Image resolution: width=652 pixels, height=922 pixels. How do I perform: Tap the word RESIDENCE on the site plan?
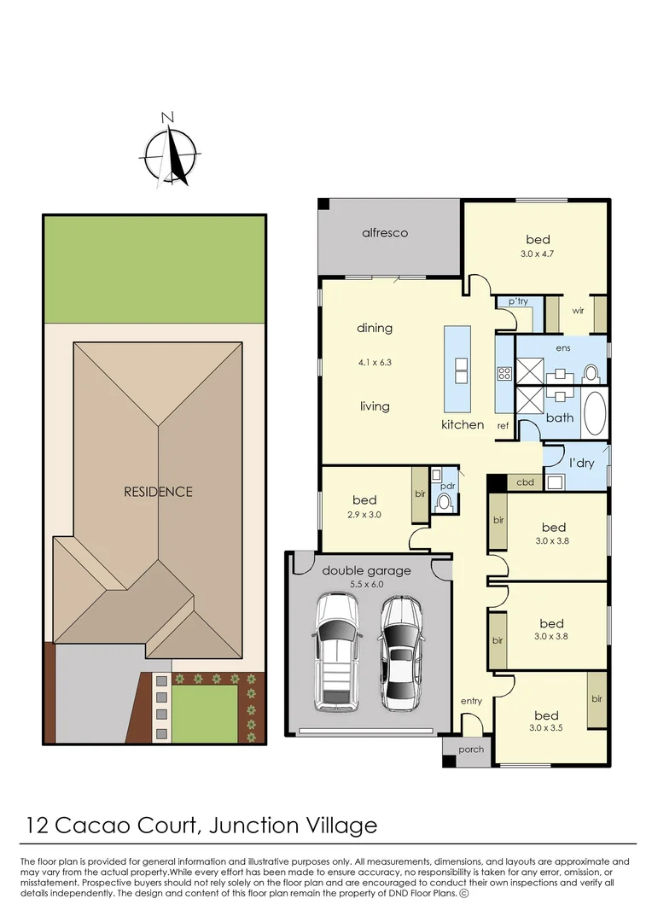coord(159,492)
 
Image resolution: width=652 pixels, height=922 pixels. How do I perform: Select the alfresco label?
coord(385,232)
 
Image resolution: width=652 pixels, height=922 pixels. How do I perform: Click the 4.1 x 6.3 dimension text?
coord(375,362)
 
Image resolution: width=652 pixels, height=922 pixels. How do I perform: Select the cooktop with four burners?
coord(504,372)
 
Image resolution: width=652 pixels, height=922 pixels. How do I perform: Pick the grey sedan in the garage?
coord(400,653)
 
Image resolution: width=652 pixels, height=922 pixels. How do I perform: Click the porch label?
coord(470,750)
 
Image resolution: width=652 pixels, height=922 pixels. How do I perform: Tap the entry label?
coord(471,701)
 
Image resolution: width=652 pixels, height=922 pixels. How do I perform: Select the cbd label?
coord(526,482)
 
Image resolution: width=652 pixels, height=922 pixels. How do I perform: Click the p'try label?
coord(518,302)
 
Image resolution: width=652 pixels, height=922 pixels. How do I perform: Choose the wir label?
coord(577,312)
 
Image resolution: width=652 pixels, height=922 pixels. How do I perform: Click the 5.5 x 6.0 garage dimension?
coord(366,585)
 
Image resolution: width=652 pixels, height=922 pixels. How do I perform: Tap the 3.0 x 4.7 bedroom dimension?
coord(538,254)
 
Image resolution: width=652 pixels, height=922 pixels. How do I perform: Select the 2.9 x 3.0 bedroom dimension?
coord(364,515)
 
